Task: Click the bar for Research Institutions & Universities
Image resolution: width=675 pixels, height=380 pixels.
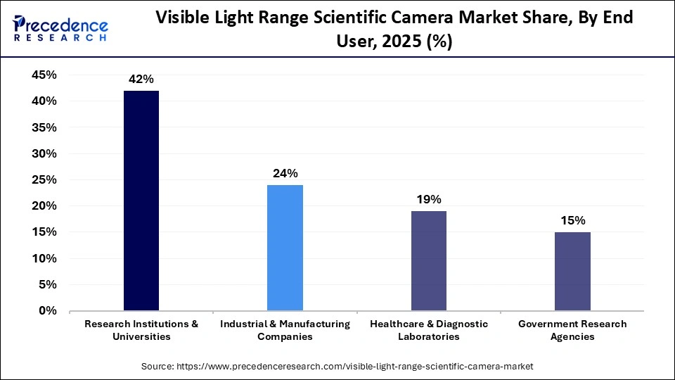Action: [x=141, y=201]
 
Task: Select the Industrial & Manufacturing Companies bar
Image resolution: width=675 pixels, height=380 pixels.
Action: [x=285, y=248]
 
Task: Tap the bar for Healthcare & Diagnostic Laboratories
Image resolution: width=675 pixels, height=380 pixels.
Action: [x=428, y=260]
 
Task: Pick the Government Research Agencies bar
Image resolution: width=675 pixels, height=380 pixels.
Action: [x=572, y=271]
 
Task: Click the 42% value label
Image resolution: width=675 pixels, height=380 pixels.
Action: [x=141, y=80]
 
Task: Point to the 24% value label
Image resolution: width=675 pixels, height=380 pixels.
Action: [x=285, y=173]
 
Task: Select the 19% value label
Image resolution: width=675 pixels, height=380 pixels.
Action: [x=428, y=199]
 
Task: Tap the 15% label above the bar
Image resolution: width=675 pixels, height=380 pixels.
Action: [x=572, y=220]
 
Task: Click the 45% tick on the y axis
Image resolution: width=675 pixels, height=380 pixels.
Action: [x=44, y=75]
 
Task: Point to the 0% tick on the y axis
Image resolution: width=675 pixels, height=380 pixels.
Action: [x=49, y=310]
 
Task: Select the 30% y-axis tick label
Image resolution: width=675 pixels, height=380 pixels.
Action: [x=44, y=153]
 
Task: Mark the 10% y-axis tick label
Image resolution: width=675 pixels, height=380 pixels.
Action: [x=44, y=258]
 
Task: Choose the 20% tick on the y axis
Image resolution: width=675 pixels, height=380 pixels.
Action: [x=44, y=206]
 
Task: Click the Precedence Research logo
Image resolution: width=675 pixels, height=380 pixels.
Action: [x=60, y=28]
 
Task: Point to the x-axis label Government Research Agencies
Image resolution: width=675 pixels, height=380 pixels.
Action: [x=572, y=330]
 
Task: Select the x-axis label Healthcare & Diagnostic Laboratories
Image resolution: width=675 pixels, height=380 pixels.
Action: [x=428, y=330]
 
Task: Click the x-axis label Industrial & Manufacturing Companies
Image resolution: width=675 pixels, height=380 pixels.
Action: [x=285, y=330]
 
